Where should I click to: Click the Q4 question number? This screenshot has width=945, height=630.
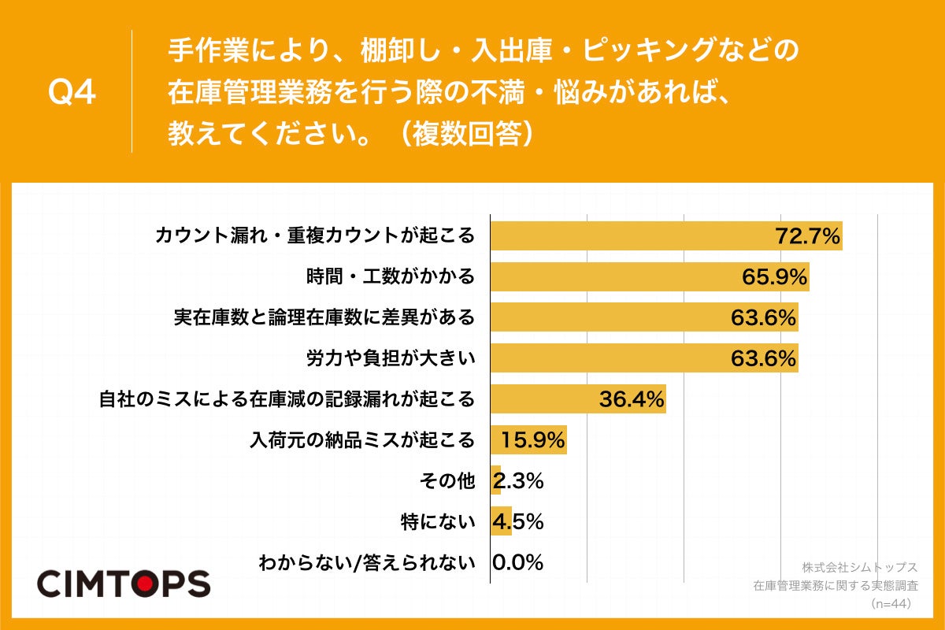72,93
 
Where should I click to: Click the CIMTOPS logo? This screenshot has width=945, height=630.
124,583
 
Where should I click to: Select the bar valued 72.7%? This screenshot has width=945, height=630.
666,235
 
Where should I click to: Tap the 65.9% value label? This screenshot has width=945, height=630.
774,276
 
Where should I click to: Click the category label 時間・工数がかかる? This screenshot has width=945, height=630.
391,276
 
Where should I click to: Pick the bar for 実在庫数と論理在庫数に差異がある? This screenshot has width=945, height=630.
644,317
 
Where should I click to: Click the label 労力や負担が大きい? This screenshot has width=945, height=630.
391,358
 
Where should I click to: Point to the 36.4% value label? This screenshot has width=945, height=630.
632,399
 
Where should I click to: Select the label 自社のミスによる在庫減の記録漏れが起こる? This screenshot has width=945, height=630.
287,399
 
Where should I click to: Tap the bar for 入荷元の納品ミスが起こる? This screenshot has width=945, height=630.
528,440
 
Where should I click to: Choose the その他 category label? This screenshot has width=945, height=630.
457,481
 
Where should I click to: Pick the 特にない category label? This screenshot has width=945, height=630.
449,521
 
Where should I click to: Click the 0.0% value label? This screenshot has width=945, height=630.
517,562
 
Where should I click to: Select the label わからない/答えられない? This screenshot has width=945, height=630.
367,562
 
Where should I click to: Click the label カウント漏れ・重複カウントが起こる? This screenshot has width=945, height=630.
315,235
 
